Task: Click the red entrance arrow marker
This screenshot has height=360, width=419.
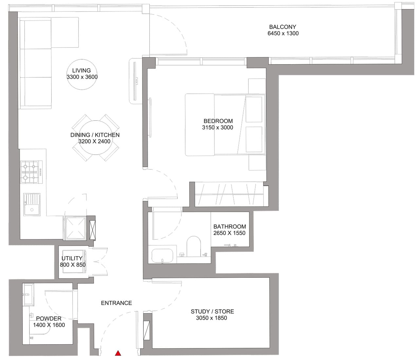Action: point(118,353)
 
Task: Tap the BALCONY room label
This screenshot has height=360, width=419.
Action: point(282,27)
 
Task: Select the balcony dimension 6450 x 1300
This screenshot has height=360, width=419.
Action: point(283,33)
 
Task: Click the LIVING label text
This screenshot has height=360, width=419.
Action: point(82,70)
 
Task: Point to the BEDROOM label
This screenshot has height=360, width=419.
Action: point(218,121)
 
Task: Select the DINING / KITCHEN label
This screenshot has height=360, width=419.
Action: point(95,135)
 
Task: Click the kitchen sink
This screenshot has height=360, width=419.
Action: point(32,204)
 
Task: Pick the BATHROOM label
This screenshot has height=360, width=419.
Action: point(229,227)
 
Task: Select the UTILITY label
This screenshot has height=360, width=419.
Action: point(72,258)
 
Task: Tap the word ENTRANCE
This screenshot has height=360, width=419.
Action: point(116,303)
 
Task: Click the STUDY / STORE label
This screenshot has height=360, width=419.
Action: point(212,312)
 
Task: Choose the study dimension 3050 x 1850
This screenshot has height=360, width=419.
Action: point(211,318)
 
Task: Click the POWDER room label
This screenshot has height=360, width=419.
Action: point(49,318)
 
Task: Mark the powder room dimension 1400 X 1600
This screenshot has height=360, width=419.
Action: point(49,325)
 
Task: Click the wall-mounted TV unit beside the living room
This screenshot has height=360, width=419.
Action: point(135,81)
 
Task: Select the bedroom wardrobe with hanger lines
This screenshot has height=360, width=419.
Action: point(229,194)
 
